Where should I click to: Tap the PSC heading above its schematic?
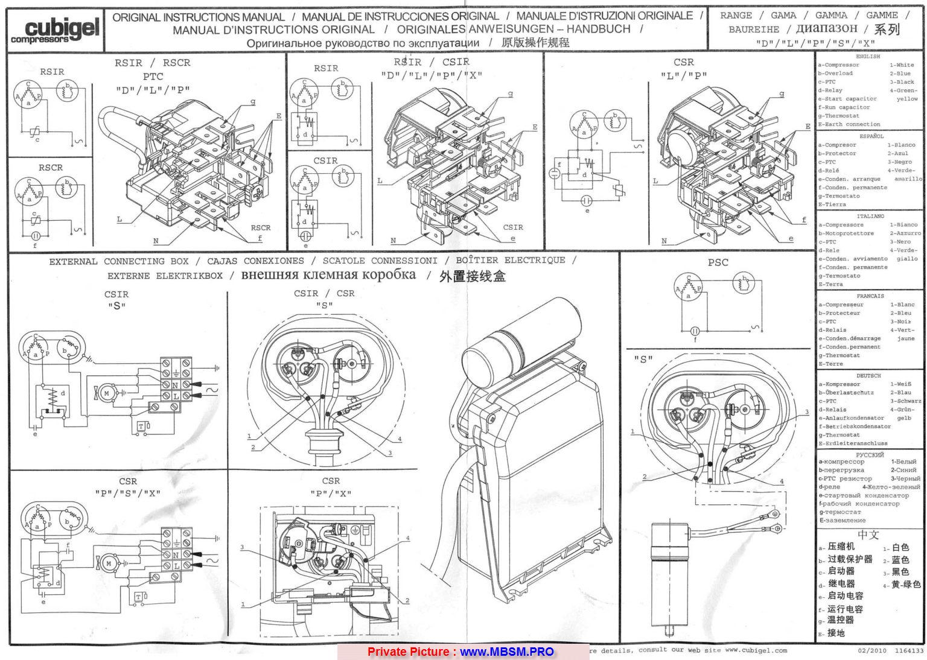pyautogui.click(x=718, y=262)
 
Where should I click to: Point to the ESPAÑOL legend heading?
pyautogui.click(x=871, y=136)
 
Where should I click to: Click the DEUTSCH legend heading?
pyautogui.click(x=868, y=375)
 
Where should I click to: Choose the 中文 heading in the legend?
pyautogui.click(x=868, y=535)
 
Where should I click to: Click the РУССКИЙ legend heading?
pyautogui.click(x=870, y=455)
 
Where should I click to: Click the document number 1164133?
pyautogui.click(x=909, y=651)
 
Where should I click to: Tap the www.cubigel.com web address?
pyautogui.click(x=756, y=650)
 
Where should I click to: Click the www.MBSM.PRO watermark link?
pyautogui.click(x=507, y=652)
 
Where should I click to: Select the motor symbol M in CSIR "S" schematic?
pyautogui.click(x=108, y=393)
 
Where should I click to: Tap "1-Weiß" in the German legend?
pyautogui.click(x=902, y=384)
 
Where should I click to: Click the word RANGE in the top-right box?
pyautogui.click(x=736, y=16)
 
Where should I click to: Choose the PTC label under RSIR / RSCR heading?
pyautogui.click(x=153, y=77)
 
